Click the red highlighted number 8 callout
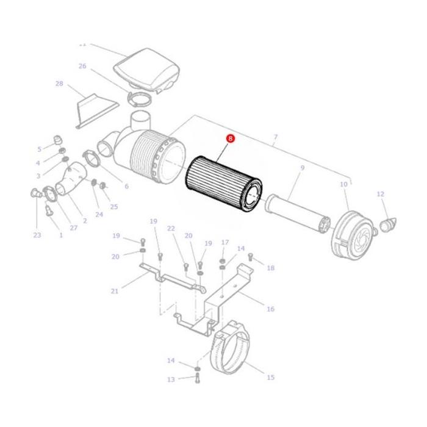tap(229, 139)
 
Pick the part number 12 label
tap(381, 194)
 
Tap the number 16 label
tap(270, 309)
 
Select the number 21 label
tap(114, 291)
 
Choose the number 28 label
tap(59, 84)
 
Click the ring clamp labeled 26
tap(140, 98)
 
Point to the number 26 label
tap(82, 66)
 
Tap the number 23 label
tap(37, 235)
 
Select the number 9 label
tap(301, 167)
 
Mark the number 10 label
tap(343, 184)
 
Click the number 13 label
tap(171, 379)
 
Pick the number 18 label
tap(270, 268)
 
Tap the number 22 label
tap(171, 228)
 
